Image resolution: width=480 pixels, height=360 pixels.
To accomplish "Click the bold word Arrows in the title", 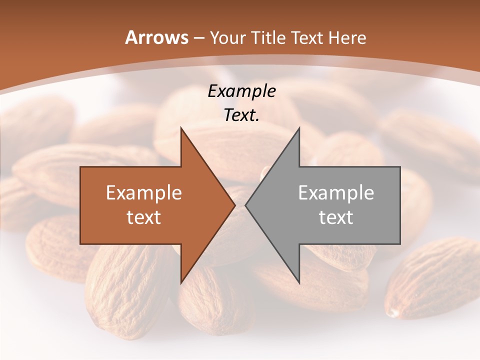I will pyautogui.click(x=156, y=37).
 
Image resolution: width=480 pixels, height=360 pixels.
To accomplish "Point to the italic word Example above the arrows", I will pyautogui.click(x=241, y=91).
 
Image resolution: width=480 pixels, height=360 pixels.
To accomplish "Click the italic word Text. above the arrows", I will pyautogui.click(x=241, y=115).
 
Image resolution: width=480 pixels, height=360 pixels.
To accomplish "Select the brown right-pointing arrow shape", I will pyautogui.click(x=150, y=205).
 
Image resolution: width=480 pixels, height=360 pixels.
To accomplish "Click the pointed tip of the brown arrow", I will pyautogui.click(x=234, y=205).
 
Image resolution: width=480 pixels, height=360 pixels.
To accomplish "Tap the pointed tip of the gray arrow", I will pyautogui.click(x=246, y=205).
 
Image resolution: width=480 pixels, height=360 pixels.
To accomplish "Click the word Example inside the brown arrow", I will pyautogui.click(x=143, y=192).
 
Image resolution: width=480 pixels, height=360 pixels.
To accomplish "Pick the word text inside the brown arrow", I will pyautogui.click(x=143, y=217).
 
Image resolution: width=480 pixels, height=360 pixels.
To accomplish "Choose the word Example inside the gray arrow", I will pyautogui.click(x=336, y=192).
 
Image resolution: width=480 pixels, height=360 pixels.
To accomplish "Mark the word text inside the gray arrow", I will pyautogui.click(x=336, y=217).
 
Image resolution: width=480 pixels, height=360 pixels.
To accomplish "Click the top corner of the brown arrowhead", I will pyautogui.click(x=181, y=128).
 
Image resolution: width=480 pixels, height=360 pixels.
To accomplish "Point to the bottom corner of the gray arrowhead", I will pyautogui.click(x=299, y=282).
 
